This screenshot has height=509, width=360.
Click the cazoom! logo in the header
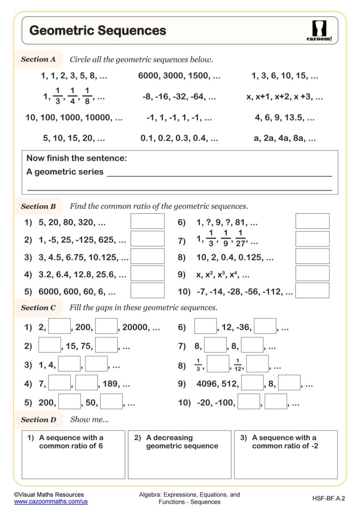click(x=322, y=31)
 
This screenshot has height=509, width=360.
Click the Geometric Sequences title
click(x=97, y=31)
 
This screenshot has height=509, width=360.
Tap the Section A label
click(x=38, y=60)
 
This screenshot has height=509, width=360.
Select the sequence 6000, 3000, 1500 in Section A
click(x=179, y=76)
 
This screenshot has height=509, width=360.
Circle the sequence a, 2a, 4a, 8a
click(x=285, y=139)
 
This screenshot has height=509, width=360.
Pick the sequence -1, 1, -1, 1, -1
click(x=179, y=118)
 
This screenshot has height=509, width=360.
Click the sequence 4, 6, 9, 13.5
click(x=285, y=118)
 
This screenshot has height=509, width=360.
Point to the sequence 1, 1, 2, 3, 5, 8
click(x=74, y=76)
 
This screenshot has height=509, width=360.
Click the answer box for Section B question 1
click(x=147, y=221)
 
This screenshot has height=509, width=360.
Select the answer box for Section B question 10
click(x=312, y=291)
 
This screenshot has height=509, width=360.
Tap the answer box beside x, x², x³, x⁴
click(x=312, y=273)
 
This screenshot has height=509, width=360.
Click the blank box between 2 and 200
click(x=60, y=326)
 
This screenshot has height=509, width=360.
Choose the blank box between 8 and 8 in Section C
click(x=215, y=345)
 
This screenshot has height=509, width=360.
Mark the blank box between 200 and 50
click(x=69, y=402)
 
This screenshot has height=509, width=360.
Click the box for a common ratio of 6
click(x=73, y=455)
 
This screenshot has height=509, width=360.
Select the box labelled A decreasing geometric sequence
click(x=180, y=455)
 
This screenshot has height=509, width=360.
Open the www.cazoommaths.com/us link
click(x=51, y=501)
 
